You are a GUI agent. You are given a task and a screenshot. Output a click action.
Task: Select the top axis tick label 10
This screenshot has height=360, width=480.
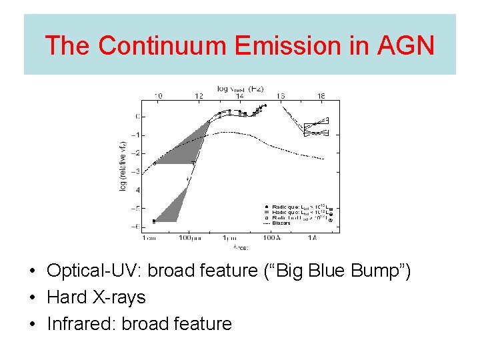pos(158,96)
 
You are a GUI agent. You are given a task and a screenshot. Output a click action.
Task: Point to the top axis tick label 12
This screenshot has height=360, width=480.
pos(199,96)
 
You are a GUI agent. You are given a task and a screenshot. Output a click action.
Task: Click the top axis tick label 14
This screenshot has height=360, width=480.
pos(239,96)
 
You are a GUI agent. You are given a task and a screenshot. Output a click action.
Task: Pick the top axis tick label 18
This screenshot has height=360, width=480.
pos(321,96)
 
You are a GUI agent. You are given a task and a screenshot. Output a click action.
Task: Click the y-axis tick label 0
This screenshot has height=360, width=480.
pos(136,117)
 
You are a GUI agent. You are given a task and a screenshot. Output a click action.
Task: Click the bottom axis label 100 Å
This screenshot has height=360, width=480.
pos(271,238)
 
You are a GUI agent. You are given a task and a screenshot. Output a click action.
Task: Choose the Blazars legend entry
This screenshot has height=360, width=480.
pos(281,223)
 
